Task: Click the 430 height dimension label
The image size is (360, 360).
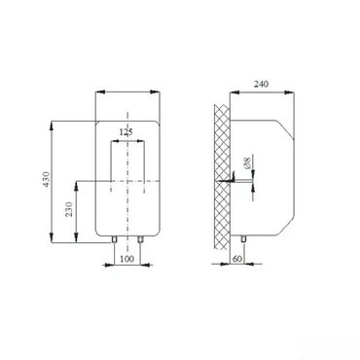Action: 47,179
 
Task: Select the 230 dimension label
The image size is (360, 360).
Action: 69,210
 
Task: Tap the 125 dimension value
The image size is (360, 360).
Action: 126,132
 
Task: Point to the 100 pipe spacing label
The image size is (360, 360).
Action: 127,259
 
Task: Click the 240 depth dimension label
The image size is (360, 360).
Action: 261,85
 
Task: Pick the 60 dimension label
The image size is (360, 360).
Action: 237,259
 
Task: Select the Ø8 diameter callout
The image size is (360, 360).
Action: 247,162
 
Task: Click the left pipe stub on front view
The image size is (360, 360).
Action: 114,239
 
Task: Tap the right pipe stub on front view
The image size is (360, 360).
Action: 140,239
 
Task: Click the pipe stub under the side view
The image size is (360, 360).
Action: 243,239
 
